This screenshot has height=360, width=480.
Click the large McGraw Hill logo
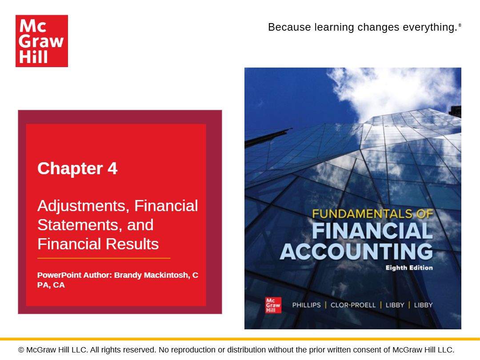click(42, 41)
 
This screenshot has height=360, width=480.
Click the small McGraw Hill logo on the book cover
click(273, 305)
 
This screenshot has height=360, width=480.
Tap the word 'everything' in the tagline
click(429, 27)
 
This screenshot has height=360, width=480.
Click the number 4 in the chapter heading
click(112, 169)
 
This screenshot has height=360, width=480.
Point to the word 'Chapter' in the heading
click(70, 169)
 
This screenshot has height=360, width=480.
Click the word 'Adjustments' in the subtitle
click(83, 206)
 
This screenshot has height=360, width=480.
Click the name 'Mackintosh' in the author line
click(167, 275)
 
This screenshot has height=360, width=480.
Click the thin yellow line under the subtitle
click(104, 258)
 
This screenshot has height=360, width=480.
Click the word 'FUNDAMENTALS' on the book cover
click(362, 214)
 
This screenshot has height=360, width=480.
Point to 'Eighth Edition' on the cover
click(409, 268)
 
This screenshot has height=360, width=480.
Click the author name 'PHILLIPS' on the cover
click(306, 305)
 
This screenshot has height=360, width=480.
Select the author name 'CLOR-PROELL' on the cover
click(353, 305)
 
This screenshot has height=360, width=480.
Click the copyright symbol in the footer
click(21, 350)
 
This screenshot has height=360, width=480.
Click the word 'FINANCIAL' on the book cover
click(372, 231)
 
